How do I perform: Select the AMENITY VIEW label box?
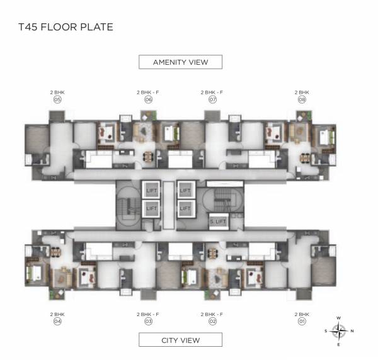(180, 62)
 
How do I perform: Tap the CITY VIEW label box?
(180, 340)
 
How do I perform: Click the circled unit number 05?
(57, 99)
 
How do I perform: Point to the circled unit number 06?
(149, 99)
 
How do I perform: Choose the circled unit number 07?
(212, 99)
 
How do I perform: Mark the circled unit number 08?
(302, 99)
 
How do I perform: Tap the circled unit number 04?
(57, 321)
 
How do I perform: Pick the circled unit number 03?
(149, 321)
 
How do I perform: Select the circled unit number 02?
(212, 321)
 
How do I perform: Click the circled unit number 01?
(302, 321)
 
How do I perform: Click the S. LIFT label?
(218, 222)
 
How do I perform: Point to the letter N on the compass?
(352, 331)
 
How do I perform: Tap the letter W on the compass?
(339, 318)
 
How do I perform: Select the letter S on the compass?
(326, 331)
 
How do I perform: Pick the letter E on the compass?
(339, 344)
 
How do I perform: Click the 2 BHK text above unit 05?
(57, 92)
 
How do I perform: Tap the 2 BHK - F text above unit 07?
(212, 92)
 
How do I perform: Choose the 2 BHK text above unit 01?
(302, 313)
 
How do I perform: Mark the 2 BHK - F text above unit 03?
(149, 313)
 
